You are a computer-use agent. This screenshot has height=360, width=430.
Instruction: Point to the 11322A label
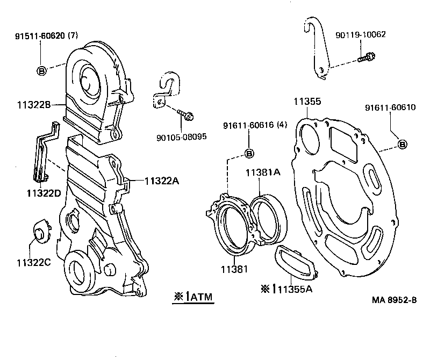[x=161, y=181]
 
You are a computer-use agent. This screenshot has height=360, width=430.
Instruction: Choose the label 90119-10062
[x=360, y=35]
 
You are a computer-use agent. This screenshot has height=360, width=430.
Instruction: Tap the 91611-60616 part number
[x=255, y=126]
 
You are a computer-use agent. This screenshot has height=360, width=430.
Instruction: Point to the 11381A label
[x=263, y=173]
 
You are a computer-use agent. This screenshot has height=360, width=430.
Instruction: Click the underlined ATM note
[x=193, y=296]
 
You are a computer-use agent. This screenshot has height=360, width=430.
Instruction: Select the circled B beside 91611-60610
[x=403, y=144]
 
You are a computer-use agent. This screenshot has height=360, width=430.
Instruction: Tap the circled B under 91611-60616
[x=249, y=154]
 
